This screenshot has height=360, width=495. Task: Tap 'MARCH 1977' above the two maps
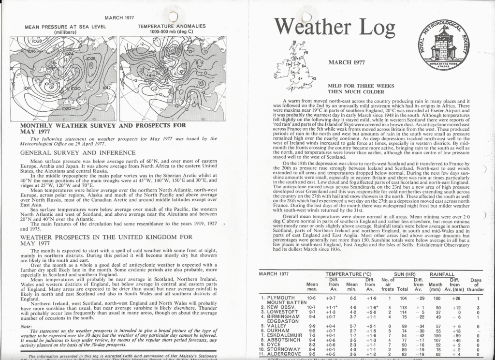pos(118,17)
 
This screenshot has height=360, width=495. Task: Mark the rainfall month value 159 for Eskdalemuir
pos(437,331)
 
